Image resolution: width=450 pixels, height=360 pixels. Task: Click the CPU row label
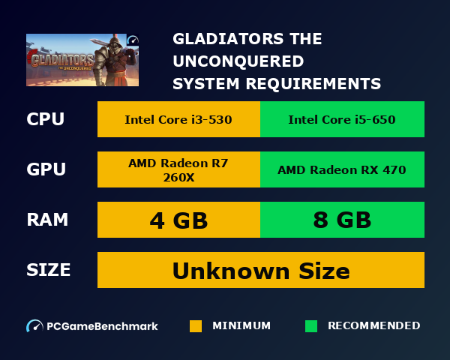click(x=46, y=120)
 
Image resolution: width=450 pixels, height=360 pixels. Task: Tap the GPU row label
click(x=46, y=169)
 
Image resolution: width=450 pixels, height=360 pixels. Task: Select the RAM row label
click(x=47, y=220)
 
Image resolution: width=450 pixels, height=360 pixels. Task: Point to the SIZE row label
click(x=49, y=270)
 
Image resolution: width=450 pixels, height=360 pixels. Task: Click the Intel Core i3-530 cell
click(x=178, y=119)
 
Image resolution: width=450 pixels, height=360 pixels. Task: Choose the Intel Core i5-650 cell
click(x=342, y=119)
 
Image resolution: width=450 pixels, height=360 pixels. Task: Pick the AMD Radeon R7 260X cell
click(x=178, y=169)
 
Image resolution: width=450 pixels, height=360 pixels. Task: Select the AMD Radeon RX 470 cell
click(x=342, y=169)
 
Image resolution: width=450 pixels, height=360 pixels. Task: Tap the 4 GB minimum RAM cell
click(x=178, y=220)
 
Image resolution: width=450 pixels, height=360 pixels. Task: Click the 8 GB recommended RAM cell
click(x=342, y=220)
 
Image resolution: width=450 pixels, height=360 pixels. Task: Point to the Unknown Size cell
click(x=261, y=270)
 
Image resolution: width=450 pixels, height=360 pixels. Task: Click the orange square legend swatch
click(x=196, y=326)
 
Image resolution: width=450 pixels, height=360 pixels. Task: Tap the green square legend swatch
click(x=311, y=326)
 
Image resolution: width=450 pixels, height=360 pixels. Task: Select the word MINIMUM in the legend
click(x=241, y=325)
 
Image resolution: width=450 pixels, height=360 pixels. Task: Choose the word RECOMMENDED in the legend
click(x=374, y=325)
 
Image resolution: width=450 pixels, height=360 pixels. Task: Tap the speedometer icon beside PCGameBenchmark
click(x=34, y=326)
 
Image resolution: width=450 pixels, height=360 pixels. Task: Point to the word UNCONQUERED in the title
click(x=238, y=61)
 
